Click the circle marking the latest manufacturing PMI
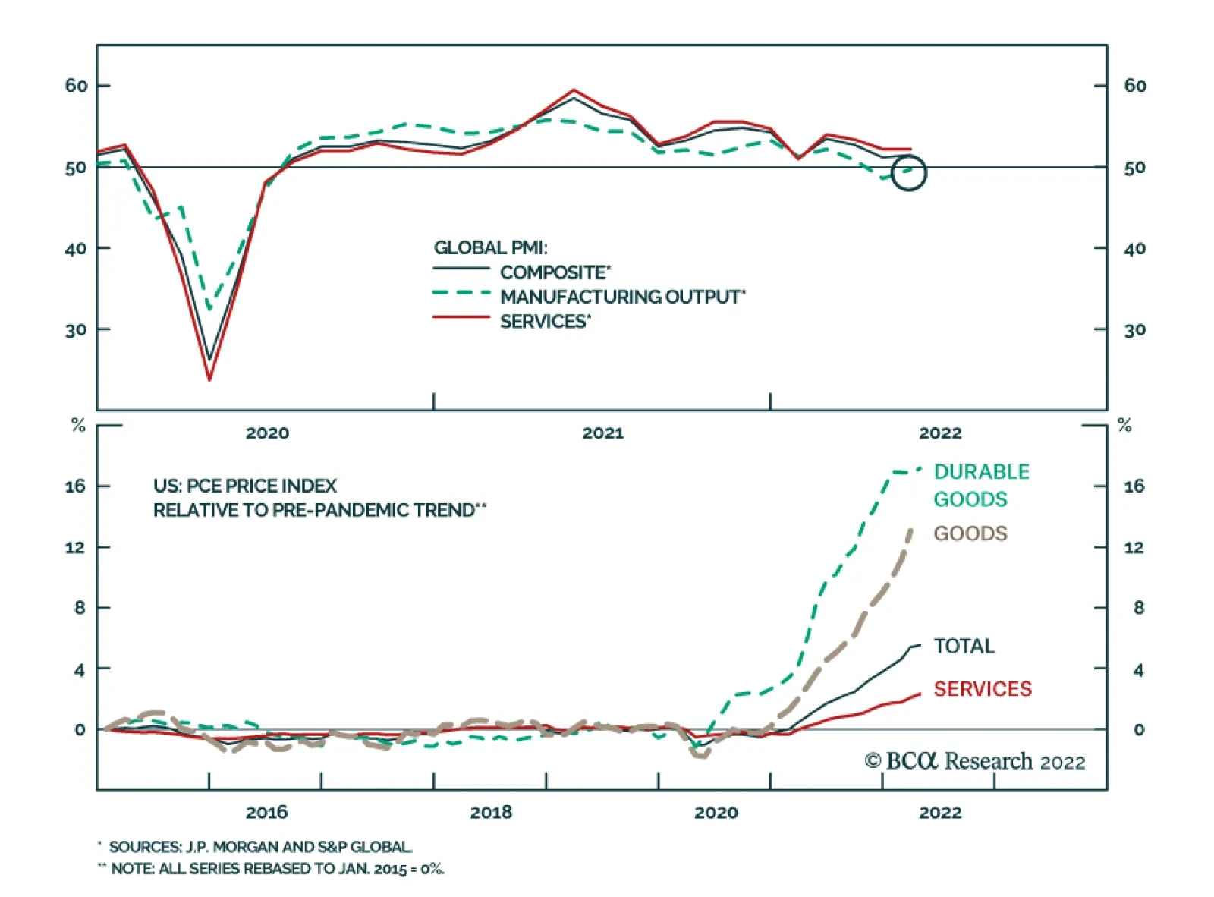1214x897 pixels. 908,173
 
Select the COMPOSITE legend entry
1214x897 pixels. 555,272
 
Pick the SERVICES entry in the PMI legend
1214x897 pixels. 544,322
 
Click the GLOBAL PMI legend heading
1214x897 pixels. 490,247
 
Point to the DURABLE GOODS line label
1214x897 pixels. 980,485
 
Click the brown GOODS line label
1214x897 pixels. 970,533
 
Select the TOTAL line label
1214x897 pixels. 964,646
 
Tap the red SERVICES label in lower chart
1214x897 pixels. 982,689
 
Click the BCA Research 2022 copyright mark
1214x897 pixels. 974,761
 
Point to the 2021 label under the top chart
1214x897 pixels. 602,433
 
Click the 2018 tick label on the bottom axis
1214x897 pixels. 491,812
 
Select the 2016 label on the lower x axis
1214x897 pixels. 266,812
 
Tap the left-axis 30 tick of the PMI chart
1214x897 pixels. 76,330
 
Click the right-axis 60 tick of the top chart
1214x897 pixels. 1134,86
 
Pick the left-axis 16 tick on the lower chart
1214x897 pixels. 75,486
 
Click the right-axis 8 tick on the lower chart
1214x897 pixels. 1138,608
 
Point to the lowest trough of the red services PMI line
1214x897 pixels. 209,379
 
